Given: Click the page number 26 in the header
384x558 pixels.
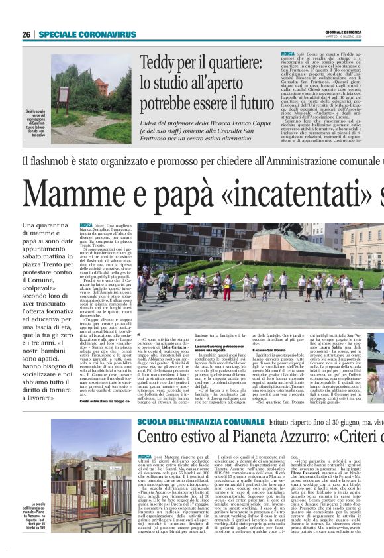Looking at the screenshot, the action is tap(26, 34).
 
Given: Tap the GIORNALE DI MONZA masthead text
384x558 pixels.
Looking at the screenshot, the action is tap(344, 32).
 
